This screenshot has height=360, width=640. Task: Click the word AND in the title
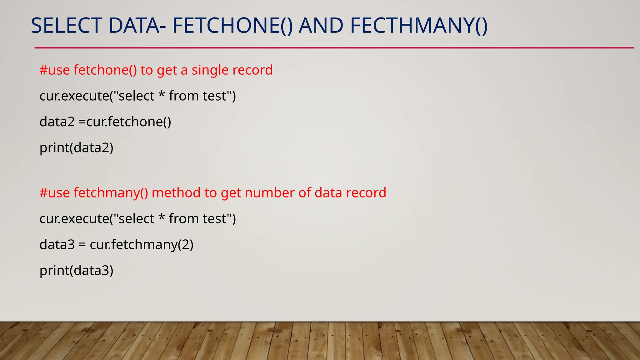pyautogui.click(x=321, y=26)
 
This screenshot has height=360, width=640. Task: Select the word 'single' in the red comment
pyautogui.click(x=211, y=70)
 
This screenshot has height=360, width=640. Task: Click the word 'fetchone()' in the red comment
pyautogui.click(x=105, y=70)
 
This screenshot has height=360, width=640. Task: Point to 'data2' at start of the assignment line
pyautogui.click(x=57, y=122)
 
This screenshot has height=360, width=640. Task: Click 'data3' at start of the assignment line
pyautogui.click(x=57, y=244)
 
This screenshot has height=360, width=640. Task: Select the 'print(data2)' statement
pyautogui.click(x=76, y=148)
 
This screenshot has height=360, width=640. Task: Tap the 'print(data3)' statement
pyautogui.click(x=76, y=271)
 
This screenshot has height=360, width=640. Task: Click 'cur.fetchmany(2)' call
pyautogui.click(x=142, y=244)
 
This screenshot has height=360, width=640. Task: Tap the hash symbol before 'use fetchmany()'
pyautogui.click(x=43, y=193)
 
